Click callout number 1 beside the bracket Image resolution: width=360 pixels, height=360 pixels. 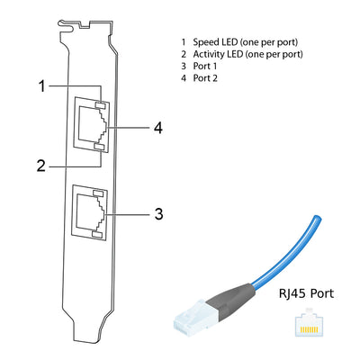tap(41, 86)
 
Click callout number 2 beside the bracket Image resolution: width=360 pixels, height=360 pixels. tap(41, 165)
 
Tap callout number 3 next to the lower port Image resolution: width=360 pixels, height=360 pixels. tap(158, 214)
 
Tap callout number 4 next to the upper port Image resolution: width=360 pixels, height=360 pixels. tap(158, 128)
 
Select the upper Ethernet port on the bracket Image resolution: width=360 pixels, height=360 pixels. tap(91, 127)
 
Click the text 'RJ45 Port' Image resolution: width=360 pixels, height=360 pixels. tap(305, 292)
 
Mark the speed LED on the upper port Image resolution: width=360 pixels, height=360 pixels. tap(100, 107)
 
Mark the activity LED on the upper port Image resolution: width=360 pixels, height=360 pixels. tap(100, 147)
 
